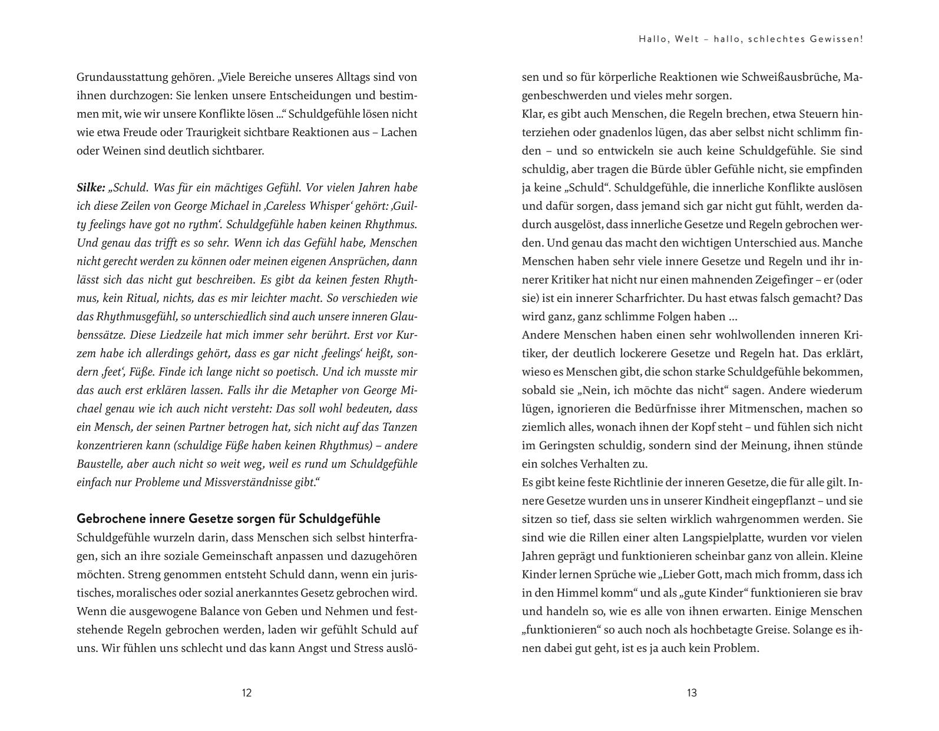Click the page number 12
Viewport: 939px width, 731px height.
pos(247,693)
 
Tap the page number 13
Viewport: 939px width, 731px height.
pos(692,693)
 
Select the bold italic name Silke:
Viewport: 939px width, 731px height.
pos(91,187)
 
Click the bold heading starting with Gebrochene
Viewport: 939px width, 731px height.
pos(229,519)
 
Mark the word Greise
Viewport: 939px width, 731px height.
pos(768,630)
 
